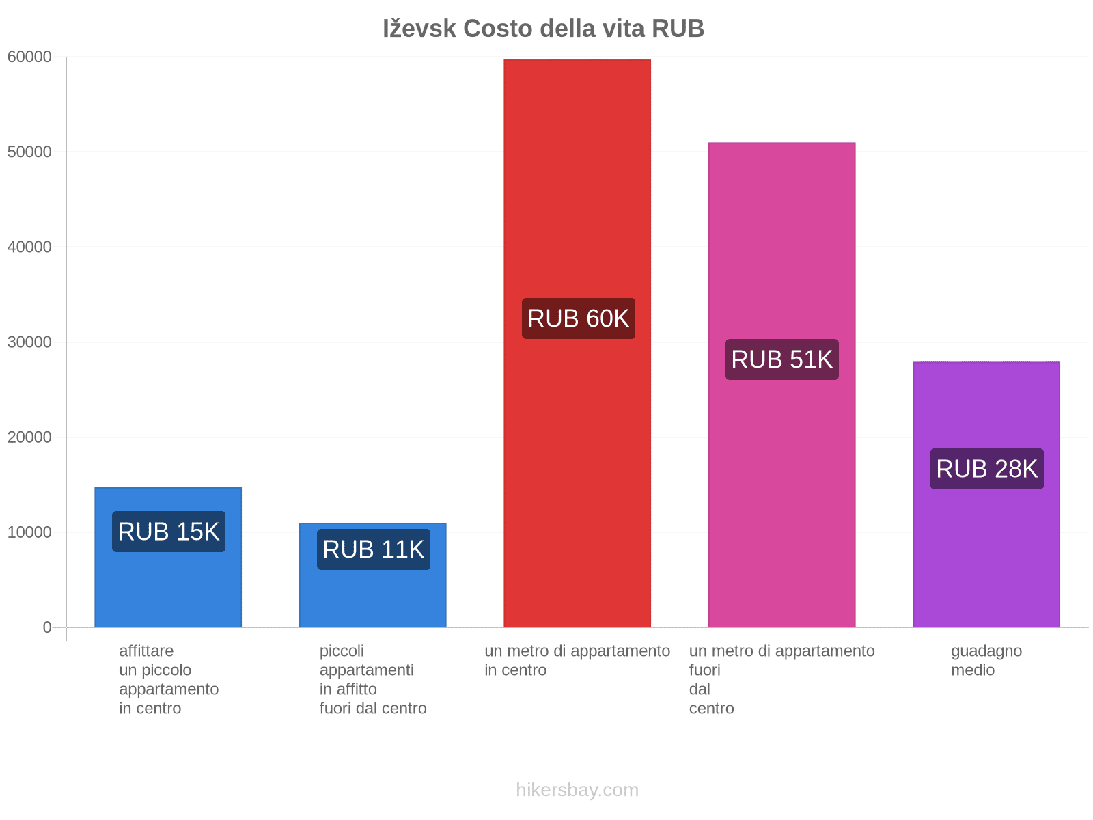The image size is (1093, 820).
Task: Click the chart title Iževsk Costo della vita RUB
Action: pos(543,29)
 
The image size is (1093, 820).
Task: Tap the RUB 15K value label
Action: pos(169,532)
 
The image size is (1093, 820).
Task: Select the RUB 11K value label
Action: pos(374,549)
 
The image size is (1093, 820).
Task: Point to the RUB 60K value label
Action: pos(579,318)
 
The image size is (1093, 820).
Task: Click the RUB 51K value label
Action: pos(782,359)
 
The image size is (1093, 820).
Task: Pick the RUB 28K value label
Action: pos(987,469)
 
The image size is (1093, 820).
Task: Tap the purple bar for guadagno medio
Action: pos(986,547)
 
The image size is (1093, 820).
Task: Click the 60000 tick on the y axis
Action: pos(30,57)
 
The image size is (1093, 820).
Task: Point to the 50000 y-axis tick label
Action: pos(30,152)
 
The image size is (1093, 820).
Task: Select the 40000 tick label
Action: pos(30,247)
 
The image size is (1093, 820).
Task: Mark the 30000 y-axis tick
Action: pos(30,342)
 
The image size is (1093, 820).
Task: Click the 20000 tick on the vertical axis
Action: pos(30,437)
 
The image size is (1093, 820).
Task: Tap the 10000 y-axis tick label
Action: pos(30,532)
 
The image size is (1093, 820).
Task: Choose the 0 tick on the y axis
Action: pos(47,627)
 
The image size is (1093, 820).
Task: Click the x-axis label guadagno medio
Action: pos(986,660)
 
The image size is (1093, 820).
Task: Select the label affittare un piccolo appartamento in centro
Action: pos(169,679)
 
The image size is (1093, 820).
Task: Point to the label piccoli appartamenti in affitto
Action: pos(373,679)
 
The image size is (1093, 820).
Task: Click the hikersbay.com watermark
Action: pos(577,790)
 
